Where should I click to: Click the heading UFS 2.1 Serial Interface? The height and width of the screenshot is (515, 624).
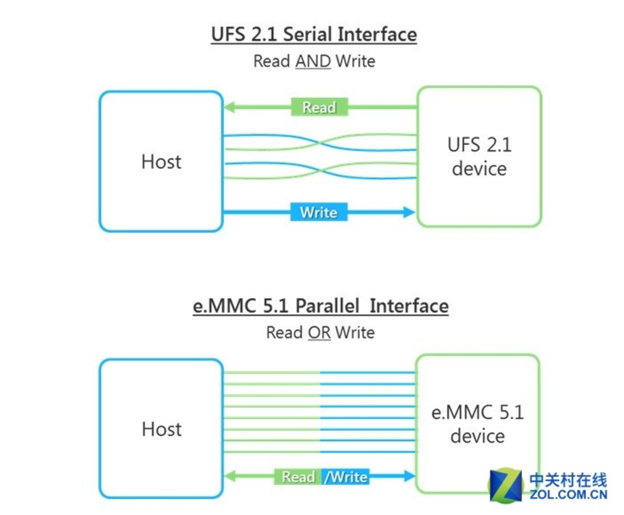click(313, 34)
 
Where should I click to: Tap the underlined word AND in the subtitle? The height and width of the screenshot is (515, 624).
click(313, 61)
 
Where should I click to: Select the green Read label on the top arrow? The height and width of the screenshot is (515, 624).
click(319, 107)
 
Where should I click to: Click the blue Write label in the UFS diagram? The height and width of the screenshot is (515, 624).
click(319, 212)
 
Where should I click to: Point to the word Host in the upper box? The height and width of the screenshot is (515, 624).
click(161, 162)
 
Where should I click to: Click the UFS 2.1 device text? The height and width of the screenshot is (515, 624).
click(479, 157)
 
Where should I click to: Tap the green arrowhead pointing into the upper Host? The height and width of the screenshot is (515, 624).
click(229, 107)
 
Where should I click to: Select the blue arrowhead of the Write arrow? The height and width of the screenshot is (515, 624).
click(408, 212)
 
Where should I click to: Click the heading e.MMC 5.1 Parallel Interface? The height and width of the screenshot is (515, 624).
click(320, 306)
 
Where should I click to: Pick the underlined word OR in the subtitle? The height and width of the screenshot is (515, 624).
click(319, 332)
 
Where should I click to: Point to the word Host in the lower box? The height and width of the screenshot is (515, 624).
click(161, 429)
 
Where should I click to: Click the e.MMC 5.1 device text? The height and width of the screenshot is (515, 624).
click(478, 424)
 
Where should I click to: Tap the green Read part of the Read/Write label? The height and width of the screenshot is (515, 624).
click(298, 477)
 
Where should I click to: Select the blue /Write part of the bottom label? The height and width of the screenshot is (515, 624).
click(345, 477)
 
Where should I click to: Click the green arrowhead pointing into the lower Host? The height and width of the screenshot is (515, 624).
click(229, 476)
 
